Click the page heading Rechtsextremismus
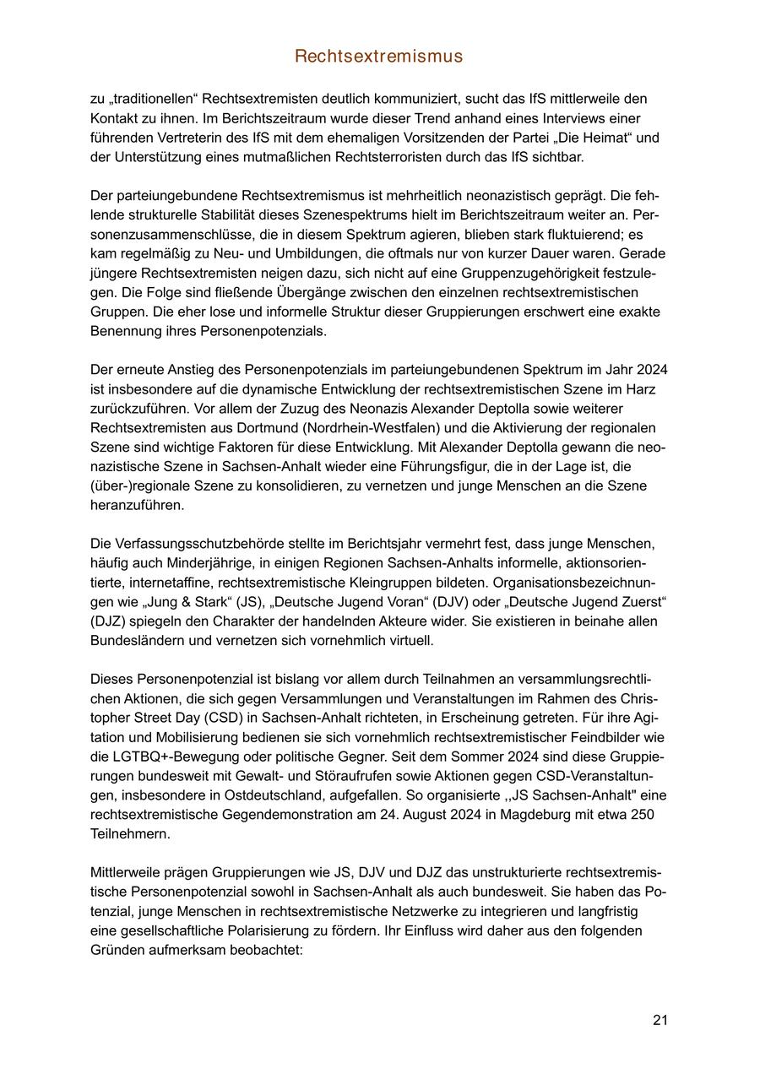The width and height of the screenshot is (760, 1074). (x=379, y=57)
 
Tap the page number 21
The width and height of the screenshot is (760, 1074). (x=660, y=1020)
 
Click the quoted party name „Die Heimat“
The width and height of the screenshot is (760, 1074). (x=609, y=138)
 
